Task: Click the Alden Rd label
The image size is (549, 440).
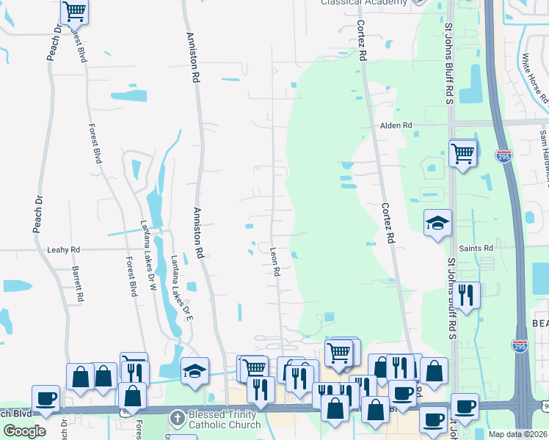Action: click(396, 125)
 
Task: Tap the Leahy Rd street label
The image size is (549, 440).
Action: click(63, 250)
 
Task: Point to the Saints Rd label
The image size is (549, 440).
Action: click(476, 249)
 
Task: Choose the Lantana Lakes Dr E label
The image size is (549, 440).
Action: click(181, 288)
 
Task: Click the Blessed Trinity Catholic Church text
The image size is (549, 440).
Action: click(225, 419)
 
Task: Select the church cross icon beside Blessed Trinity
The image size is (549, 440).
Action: click(176, 419)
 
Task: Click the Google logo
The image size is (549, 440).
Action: click(24, 430)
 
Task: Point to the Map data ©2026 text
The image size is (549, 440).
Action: click(517, 434)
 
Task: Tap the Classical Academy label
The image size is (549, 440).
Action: click(364, 3)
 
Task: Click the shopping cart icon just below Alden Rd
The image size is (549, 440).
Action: click(462, 154)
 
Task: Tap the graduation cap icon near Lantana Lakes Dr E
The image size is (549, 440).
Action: click(194, 370)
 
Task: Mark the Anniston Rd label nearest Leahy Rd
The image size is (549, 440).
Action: click(198, 232)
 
